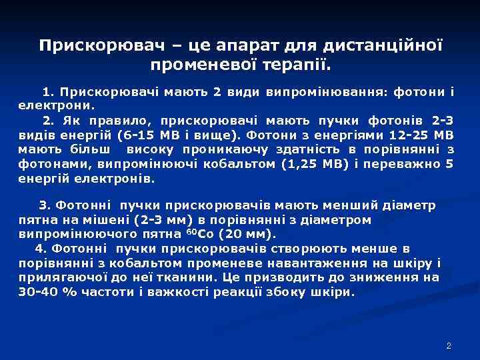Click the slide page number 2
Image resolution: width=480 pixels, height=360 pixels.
(449, 346)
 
